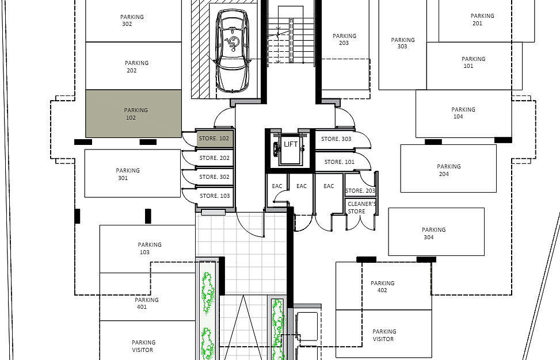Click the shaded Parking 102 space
134,113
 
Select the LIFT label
291,144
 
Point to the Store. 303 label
336,139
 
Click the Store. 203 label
360,190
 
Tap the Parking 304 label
433,233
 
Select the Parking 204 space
448,168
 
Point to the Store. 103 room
215,196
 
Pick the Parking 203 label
344,39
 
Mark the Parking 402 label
383,286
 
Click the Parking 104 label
463,113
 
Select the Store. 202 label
214,158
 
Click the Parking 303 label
403,43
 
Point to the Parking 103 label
150,248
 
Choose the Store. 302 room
215,177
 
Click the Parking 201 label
482,20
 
